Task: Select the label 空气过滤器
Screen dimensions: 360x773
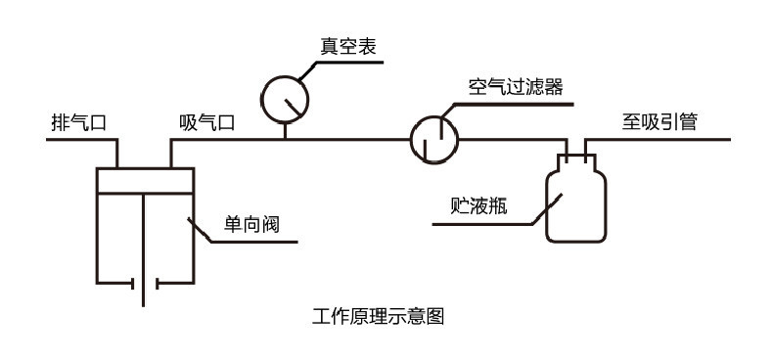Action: click(x=515, y=86)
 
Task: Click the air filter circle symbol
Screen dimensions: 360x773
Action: click(x=433, y=138)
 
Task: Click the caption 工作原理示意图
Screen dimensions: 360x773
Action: click(x=378, y=317)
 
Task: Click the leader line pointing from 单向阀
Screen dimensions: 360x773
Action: click(x=202, y=232)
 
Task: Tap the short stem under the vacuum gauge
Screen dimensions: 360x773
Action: click(x=285, y=128)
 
